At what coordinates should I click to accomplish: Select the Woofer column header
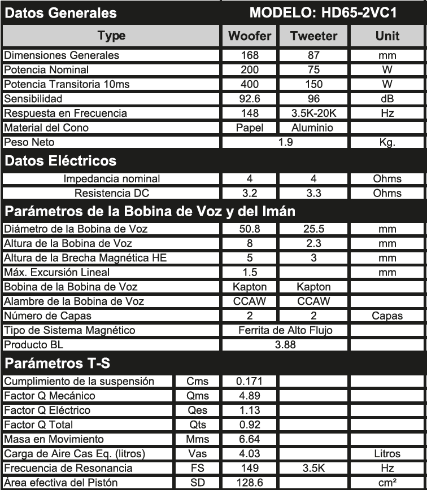click(x=250, y=36)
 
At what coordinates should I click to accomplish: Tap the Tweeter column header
click(x=313, y=36)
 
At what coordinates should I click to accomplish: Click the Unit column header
click(x=387, y=36)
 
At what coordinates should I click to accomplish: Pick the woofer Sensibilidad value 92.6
click(x=250, y=99)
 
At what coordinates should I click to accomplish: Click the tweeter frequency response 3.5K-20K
click(x=313, y=113)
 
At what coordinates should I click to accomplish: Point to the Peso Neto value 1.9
click(x=286, y=142)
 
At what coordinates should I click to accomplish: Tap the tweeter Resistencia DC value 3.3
click(x=313, y=193)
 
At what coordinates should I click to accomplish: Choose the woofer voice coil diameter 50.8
click(x=250, y=229)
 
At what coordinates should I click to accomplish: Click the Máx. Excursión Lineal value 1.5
click(x=250, y=272)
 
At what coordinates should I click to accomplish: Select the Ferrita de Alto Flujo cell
click(x=285, y=330)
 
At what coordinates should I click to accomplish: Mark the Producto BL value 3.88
click(x=285, y=344)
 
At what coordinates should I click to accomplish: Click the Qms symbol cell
click(x=198, y=396)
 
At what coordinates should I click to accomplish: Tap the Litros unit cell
click(x=387, y=453)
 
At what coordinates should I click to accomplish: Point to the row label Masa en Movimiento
click(x=54, y=439)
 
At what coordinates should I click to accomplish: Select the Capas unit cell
click(x=387, y=316)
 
